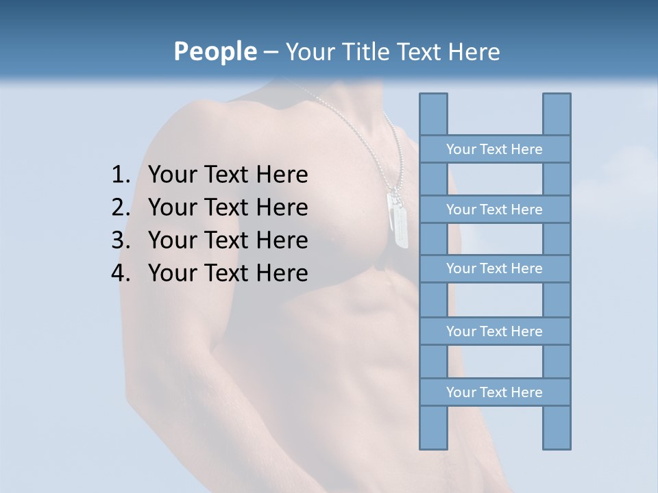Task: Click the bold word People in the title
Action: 215,52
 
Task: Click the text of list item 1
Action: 228,175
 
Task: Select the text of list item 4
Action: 228,273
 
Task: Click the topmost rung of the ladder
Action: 494,149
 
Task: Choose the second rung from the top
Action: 494,210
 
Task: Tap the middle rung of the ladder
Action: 494,269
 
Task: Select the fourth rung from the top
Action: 494,331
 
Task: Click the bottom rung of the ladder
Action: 494,392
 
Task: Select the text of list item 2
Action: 228,207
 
